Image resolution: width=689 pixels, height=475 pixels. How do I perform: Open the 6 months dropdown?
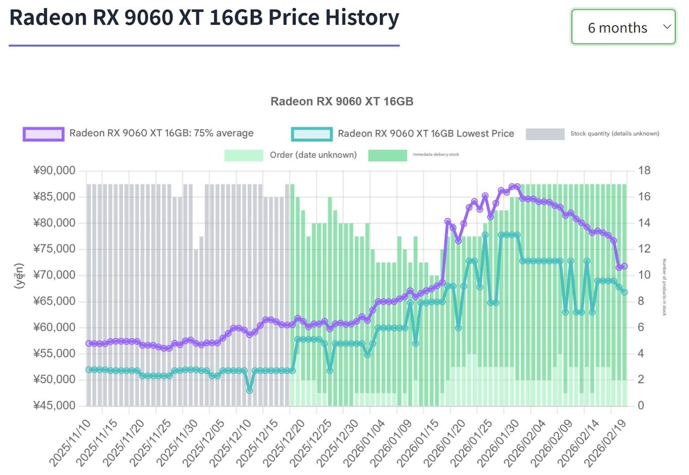pyautogui.click(x=623, y=27)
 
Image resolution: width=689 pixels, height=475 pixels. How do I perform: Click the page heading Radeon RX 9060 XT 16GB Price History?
pyautogui.click(x=204, y=18)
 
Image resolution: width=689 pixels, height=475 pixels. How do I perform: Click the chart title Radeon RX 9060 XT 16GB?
pyautogui.click(x=342, y=101)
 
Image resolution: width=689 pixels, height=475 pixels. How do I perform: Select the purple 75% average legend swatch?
pyautogui.click(x=44, y=134)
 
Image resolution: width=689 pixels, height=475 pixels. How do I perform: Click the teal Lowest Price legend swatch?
pyautogui.click(x=312, y=134)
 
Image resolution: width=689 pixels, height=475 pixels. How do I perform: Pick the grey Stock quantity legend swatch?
pyautogui.click(x=545, y=134)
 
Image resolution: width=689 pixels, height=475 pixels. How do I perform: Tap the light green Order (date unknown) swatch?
pyautogui.click(x=244, y=155)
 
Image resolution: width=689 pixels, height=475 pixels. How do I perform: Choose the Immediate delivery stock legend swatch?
pyautogui.click(x=388, y=155)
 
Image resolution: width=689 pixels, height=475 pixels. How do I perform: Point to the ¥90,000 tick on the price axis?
pyautogui.click(x=54, y=171)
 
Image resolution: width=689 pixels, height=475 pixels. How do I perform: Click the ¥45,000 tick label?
pyautogui.click(x=54, y=406)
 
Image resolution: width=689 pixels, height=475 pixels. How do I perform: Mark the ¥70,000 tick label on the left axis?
pyautogui.click(x=54, y=275)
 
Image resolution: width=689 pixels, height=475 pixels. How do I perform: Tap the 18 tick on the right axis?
pyautogui.click(x=644, y=171)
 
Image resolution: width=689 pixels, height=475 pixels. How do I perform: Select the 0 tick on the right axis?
pyautogui.click(x=641, y=406)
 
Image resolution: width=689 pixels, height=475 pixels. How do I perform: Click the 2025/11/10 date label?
pyautogui.click(x=71, y=444)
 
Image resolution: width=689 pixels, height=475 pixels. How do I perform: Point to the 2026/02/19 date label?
pyautogui.click(x=605, y=444)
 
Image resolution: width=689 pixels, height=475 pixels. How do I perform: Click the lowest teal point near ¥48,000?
pyautogui.click(x=249, y=390)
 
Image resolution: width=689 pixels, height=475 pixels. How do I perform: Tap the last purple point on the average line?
pyautogui.click(x=624, y=266)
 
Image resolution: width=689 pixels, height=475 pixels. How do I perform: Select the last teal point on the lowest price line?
pyautogui.click(x=624, y=292)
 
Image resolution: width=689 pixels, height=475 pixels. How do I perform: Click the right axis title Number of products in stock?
pyautogui.click(x=664, y=287)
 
